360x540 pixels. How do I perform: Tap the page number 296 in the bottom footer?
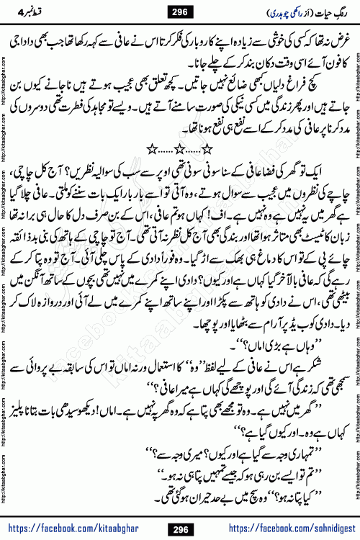click(181, 529)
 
